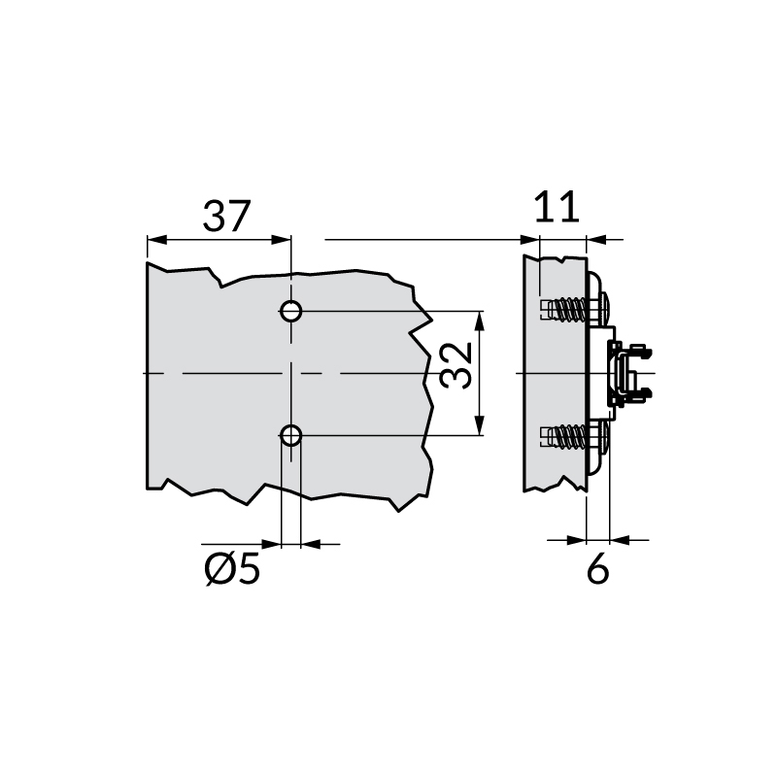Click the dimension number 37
click(226, 215)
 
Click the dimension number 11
click(558, 207)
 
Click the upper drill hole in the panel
click(290, 312)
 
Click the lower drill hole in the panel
click(290, 435)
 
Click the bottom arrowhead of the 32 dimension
click(480, 428)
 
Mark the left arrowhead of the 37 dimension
click(154, 239)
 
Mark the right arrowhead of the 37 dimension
click(283, 239)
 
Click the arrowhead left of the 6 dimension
click(580, 538)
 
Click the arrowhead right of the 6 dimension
click(617, 538)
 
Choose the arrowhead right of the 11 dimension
click(595, 239)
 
